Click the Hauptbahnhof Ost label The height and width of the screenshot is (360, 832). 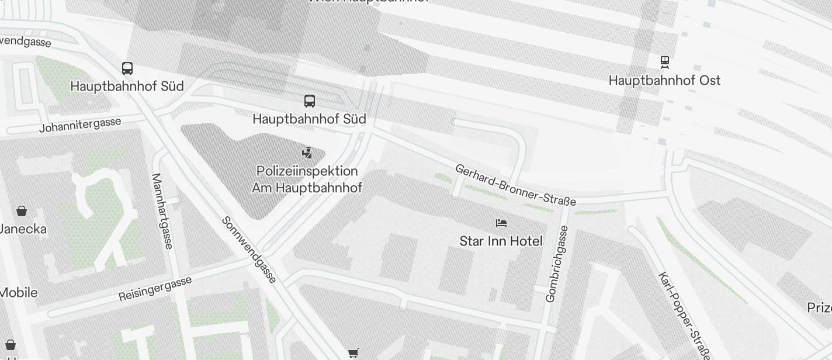664,80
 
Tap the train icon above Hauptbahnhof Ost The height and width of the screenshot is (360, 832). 664,62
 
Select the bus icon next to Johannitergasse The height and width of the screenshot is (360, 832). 127,68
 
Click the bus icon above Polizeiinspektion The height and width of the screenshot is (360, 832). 310,101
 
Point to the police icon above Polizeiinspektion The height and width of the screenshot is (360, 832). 307,153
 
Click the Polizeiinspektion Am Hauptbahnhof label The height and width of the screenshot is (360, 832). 307,179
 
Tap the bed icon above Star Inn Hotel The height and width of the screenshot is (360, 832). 501,223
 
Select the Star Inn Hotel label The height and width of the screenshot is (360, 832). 501,241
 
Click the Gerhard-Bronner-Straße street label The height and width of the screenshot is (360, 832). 515,185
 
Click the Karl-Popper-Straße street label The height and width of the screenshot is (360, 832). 684,316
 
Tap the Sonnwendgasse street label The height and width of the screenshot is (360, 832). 249,250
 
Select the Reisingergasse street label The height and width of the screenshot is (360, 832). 155,289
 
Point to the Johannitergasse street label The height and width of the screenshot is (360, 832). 81,124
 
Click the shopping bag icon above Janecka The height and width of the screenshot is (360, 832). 22,211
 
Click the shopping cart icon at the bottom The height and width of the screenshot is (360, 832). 353,354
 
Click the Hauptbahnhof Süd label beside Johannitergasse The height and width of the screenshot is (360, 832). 127,86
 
